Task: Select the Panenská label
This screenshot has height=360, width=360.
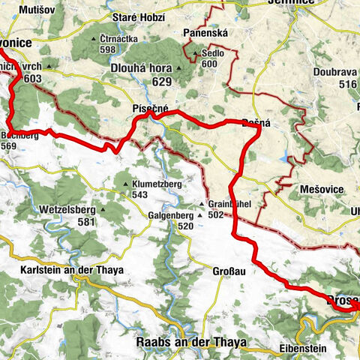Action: click(x=205, y=33)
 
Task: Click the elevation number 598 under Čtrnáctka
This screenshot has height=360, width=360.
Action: click(x=107, y=49)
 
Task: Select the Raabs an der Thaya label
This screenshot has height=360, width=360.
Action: click(x=190, y=342)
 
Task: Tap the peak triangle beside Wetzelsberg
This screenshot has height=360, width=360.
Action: click(x=103, y=210)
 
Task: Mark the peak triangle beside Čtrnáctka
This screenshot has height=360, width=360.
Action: click(x=94, y=40)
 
